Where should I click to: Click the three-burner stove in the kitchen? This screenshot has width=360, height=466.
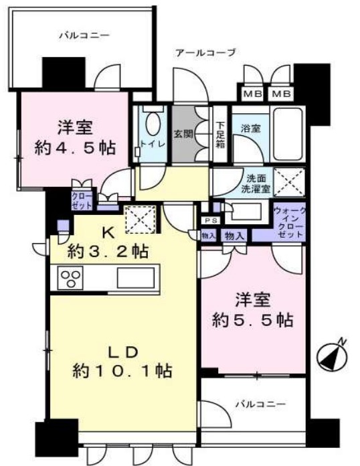tap(70, 277)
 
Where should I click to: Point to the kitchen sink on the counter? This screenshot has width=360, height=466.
tap(137, 277)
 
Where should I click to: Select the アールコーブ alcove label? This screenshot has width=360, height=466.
tap(204, 53)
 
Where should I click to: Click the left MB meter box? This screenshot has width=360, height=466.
tap(252, 93)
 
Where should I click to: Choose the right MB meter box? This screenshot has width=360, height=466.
tap(282, 93)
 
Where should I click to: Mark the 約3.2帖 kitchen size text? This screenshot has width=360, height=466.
tap(108, 252)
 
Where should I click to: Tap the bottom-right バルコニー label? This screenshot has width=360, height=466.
tap(260, 404)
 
